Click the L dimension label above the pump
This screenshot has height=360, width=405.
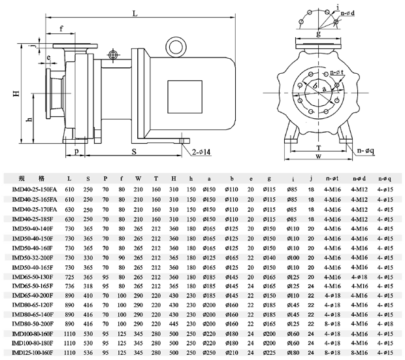(x=135, y=12)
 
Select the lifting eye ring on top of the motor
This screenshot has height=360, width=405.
(x=175, y=45)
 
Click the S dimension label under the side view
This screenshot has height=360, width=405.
(x=133, y=151)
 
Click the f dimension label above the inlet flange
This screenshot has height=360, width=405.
(x=61, y=29)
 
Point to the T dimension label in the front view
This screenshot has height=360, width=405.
(x=318, y=148)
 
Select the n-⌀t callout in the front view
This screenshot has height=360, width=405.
(x=337, y=72)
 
